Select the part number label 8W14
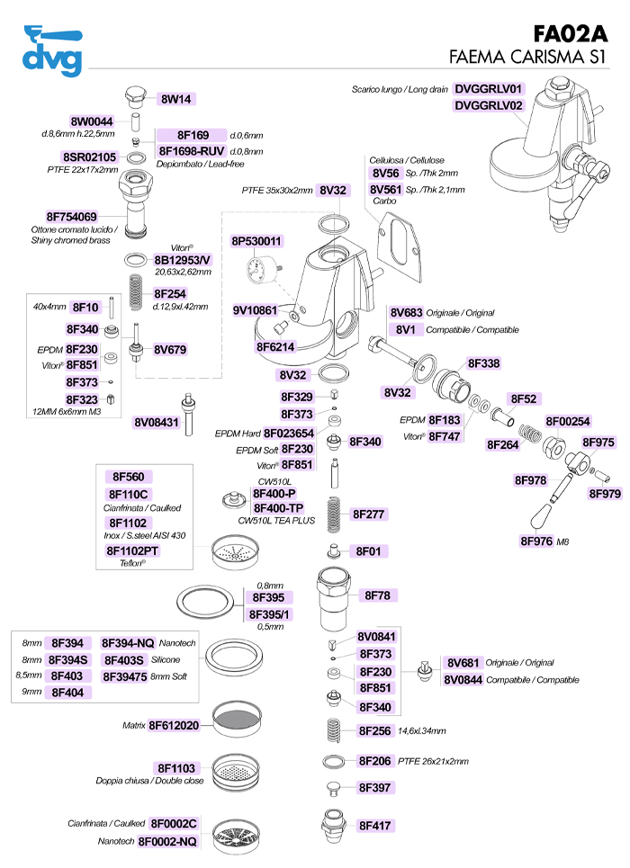click(x=178, y=99)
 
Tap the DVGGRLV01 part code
click(x=489, y=89)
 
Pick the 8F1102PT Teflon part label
click(x=132, y=550)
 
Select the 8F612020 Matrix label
click(x=174, y=725)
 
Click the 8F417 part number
click(x=375, y=824)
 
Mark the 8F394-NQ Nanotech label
click(x=127, y=643)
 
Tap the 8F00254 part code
click(x=568, y=421)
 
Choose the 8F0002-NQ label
click(x=174, y=841)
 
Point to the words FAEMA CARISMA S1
click(x=528, y=58)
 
